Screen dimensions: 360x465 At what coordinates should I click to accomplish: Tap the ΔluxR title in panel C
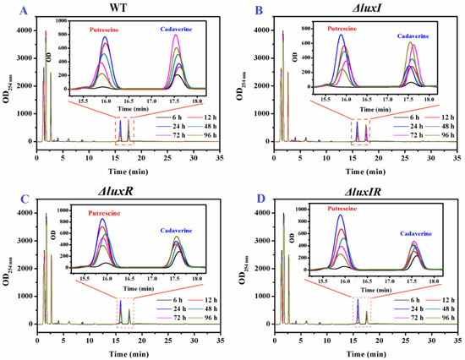pos(127,191)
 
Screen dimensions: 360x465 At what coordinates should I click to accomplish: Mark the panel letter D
pos(243,191)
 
